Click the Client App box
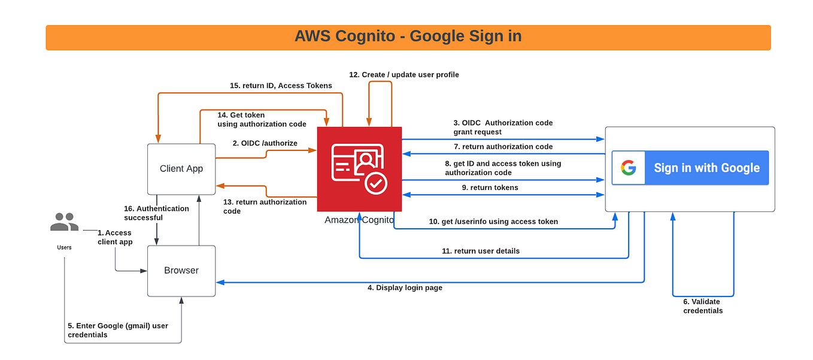coord(181,169)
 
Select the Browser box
coord(181,270)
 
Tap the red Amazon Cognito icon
coord(359,169)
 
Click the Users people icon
coord(64,223)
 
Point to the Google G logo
coord(628,168)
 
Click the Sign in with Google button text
coord(706,168)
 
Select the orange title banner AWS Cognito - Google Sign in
coord(408,37)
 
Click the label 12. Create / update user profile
coord(404,75)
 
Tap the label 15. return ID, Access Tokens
coord(281,86)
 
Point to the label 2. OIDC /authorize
coord(265,143)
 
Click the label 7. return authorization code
coord(503,147)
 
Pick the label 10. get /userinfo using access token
coord(493,222)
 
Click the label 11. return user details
coord(481,251)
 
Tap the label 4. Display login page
coord(405,288)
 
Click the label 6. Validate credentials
coord(702,306)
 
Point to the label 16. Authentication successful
coord(156,213)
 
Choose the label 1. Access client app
coord(114,237)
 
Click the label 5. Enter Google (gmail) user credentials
coord(118,330)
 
